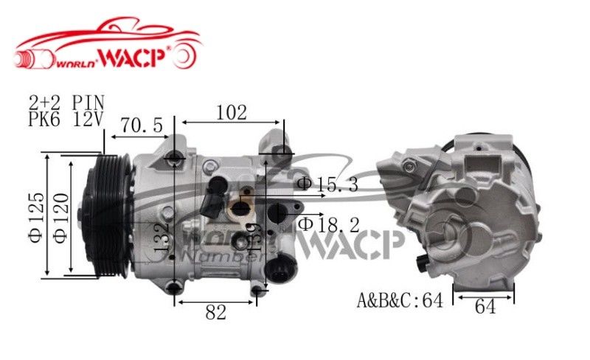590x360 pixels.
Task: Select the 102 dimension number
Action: point(232,112)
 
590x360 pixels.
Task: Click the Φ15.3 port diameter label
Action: point(327,184)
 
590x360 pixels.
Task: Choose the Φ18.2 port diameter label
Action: point(328,223)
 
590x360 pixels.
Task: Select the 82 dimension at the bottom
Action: point(215,312)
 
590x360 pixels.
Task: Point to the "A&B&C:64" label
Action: point(400,301)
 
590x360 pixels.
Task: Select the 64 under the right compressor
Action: point(485,307)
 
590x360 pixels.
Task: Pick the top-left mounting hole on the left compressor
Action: point(174,157)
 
